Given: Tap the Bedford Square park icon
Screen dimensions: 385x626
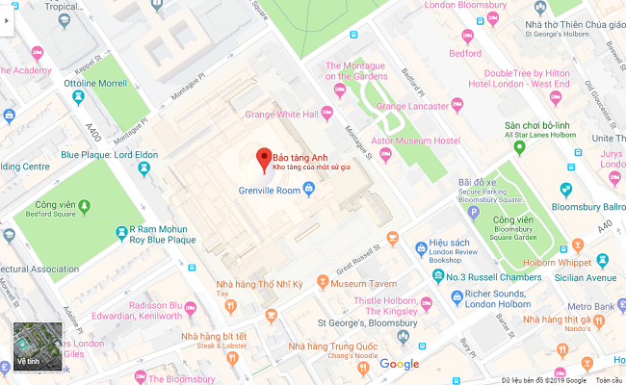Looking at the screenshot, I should pos(84,205).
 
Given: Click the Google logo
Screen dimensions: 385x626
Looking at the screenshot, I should pos(399,363).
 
